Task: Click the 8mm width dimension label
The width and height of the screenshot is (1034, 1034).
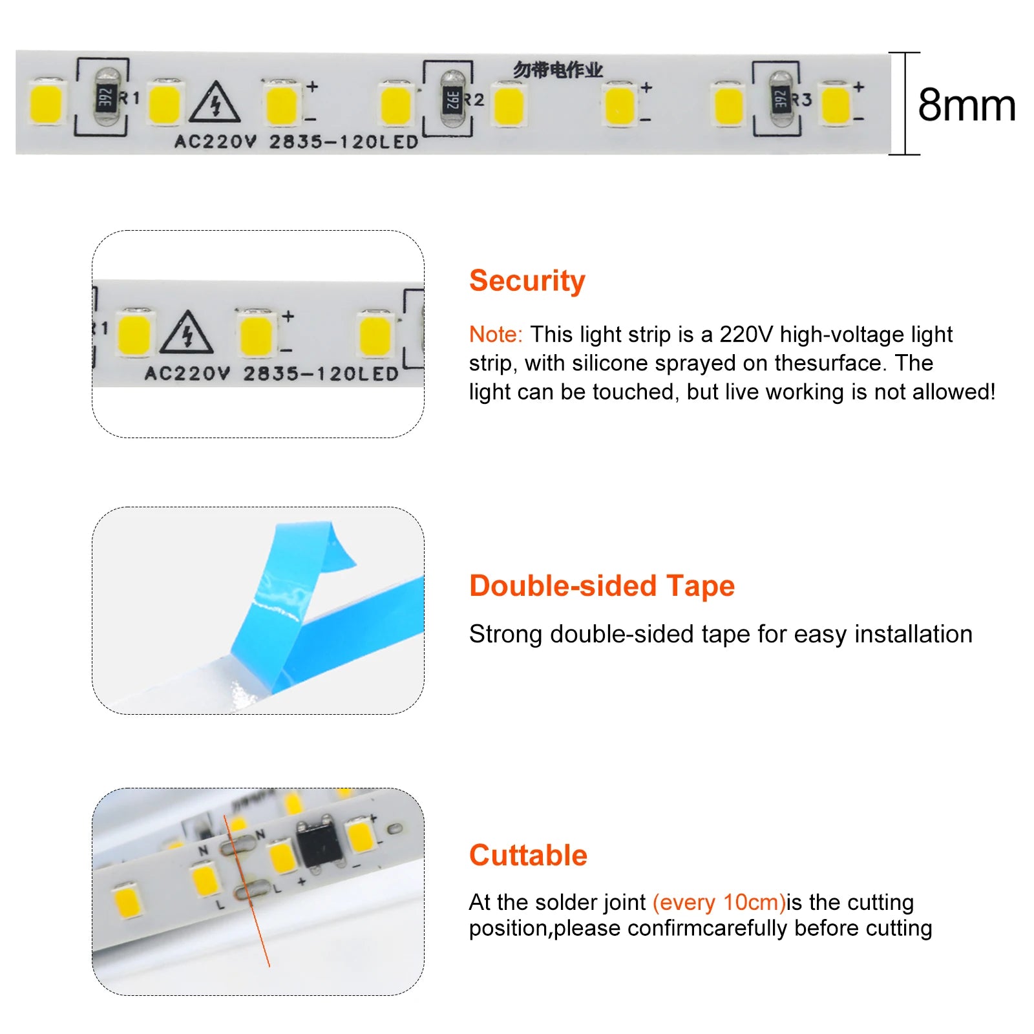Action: tap(966, 105)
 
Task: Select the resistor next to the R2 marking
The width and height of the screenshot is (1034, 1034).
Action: tap(452, 100)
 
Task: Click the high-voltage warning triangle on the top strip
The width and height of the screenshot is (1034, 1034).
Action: tap(215, 102)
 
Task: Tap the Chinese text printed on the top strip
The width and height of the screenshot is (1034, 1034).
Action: tap(558, 70)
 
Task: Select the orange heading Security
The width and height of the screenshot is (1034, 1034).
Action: tap(527, 281)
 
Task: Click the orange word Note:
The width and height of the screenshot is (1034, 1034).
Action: tap(496, 334)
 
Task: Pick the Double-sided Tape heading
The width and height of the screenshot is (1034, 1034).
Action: tap(602, 586)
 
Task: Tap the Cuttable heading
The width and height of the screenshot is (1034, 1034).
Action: tap(528, 855)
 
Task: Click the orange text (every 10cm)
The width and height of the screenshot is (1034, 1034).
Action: tap(719, 902)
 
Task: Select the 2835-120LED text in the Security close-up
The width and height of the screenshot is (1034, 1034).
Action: tap(321, 374)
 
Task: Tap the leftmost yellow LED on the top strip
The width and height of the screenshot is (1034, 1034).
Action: tap(47, 102)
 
